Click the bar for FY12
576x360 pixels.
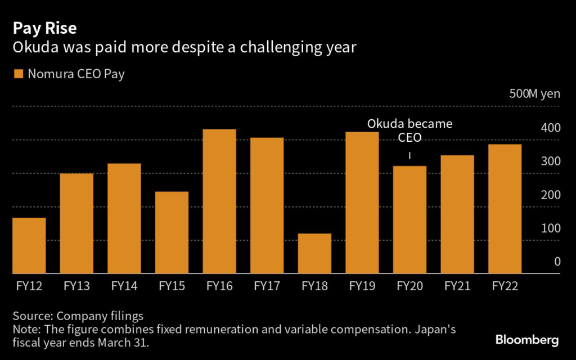(29, 245)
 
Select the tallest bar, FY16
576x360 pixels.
(219, 201)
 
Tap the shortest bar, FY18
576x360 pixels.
(314, 253)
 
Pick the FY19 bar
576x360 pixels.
(362, 202)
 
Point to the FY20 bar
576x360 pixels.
(409, 219)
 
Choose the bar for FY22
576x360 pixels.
(505, 209)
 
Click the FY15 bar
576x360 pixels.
(172, 232)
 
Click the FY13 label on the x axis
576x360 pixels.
(76, 286)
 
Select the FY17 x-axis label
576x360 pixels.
(267, 286)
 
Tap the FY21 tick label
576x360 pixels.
(457, 286)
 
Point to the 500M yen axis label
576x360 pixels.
(534, 94)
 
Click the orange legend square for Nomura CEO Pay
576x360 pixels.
(19, 74)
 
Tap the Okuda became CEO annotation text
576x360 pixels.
(409, 130)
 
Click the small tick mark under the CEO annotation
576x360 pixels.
(409, 155)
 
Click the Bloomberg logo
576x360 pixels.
(526, 340)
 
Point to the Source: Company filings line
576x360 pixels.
(78, 316)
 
